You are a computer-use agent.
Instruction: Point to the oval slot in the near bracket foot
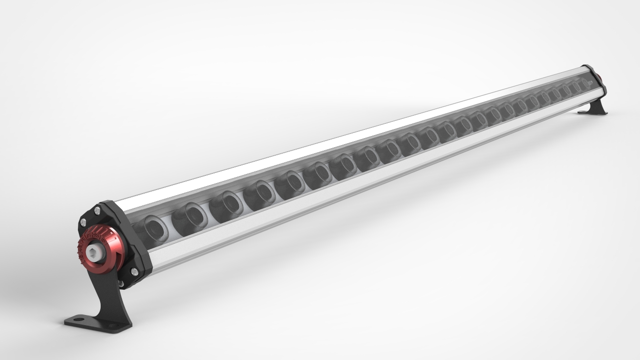(76, 320)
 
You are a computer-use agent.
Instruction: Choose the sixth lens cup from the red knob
(317, 173)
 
